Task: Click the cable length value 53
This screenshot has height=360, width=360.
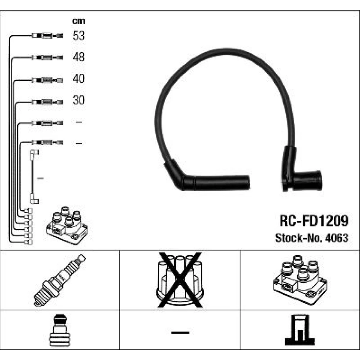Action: point(78,36)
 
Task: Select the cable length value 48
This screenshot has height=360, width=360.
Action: point(78,57)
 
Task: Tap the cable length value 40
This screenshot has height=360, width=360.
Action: point(78,78)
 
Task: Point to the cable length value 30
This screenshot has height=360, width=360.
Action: point(78,100)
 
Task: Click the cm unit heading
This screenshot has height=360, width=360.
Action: point(78,21)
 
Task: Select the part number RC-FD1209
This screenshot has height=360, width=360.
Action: point(314,221)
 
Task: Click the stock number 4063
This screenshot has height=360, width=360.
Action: point(337,238)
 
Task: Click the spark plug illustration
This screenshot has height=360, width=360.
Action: point(60,280)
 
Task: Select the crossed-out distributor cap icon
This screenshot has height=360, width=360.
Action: point(180,280)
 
